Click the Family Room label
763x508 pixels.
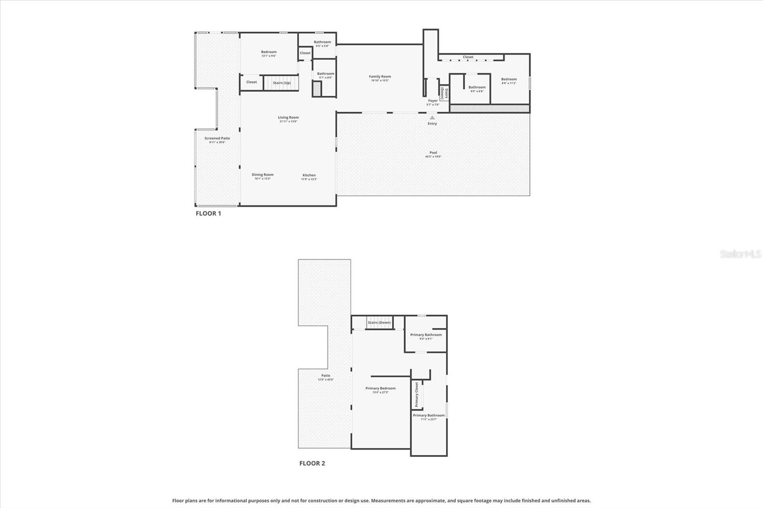pyautogui.click(x=380, y=77)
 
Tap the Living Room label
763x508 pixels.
pyautogui.click(x=289, y=118)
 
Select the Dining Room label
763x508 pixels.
pyautogui.click(x=262, y=175)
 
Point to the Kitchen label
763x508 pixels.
pyautogui.click(x=309, y=175)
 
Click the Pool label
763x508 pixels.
pyautogui.click(x=433, y=153)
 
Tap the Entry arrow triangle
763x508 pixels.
pyautogui.click(x=432, y=117)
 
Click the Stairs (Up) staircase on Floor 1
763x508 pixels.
pyautogui.click(x=281, y=83)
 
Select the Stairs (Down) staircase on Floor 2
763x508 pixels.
pyautogui.click(x=379, y=323)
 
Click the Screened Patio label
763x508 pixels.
pyautogui.click(x=217, y=139)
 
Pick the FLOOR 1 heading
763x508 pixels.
pyautogui.click(x=208, y=213)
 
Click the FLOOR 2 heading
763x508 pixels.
pyautogui.click(x=312, y=463)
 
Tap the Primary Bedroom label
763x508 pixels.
pyautogui.click(x=381, y=388)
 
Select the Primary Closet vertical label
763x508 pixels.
pyautogui.click(x=416, y=395)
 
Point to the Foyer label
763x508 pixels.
pyautogui.click(x=433, y=101)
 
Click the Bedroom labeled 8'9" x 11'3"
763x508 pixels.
pyautogui.click(x=509, y=80)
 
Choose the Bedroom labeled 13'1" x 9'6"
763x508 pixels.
pyautogui.click(x=268, y=52)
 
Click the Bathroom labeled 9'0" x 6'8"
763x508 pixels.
pyautogui.click(x=477, y=88)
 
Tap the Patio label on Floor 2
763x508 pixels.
pyautogui.click(x=326, y=376)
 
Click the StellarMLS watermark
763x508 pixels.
pyautogui.click(x=740, y=254)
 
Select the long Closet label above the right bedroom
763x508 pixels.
pyautogui.click(x=468, y=57)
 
